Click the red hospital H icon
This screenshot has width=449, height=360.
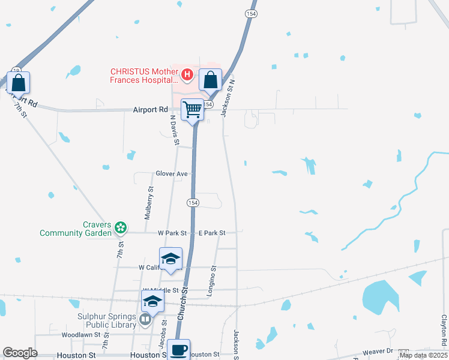187,74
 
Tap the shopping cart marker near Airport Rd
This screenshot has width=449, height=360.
192,109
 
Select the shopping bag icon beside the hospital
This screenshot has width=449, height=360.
210,79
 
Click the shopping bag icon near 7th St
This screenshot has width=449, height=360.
19,82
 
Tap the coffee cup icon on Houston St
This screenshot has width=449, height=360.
178,350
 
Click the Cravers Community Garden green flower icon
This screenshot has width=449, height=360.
121,227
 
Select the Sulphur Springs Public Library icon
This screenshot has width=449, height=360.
145,320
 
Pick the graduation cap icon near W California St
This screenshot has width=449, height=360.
170,259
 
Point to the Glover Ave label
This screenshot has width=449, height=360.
173,173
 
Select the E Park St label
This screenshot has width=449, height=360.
212,233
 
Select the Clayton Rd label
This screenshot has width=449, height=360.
444,331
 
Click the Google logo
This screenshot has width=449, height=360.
20,353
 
